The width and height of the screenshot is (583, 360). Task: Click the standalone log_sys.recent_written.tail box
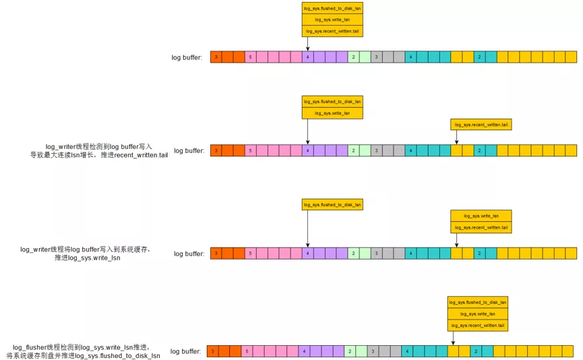[x=481, y=124]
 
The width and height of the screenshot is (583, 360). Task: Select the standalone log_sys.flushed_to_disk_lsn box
[x=332, y=204]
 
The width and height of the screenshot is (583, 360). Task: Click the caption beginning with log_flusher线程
[x=84, y=351]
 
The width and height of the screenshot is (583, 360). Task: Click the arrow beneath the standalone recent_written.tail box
[x=456, y=137]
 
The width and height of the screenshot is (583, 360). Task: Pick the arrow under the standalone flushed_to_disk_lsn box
[x=307, y=229]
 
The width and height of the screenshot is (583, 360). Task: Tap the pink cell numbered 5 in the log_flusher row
[x=247, y=351]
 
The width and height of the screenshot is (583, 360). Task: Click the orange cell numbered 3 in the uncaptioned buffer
[x=216, y=57]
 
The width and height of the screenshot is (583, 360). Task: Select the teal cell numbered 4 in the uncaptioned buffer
[x=410, y=57]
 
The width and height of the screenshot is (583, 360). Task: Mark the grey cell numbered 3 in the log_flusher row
[x=373, y=351]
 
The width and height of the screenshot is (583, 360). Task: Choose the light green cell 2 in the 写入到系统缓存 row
[x=353, y=253]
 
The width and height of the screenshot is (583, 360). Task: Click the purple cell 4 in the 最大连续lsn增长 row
[x=307, y=150]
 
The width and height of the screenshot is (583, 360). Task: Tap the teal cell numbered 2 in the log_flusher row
[x=475, y=351]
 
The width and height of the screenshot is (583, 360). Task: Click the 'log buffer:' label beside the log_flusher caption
[x=185, y=351]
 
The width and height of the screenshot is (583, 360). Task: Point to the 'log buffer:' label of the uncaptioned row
[x=187, y=57]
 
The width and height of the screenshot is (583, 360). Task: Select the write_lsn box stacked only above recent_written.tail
[x=481, y=216]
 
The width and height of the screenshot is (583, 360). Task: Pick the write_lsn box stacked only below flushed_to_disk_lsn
[x=332, y=113]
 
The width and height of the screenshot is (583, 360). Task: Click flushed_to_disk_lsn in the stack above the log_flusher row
[x=477, y=303]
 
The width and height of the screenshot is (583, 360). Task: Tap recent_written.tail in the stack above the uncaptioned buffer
[x=332, y=31]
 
